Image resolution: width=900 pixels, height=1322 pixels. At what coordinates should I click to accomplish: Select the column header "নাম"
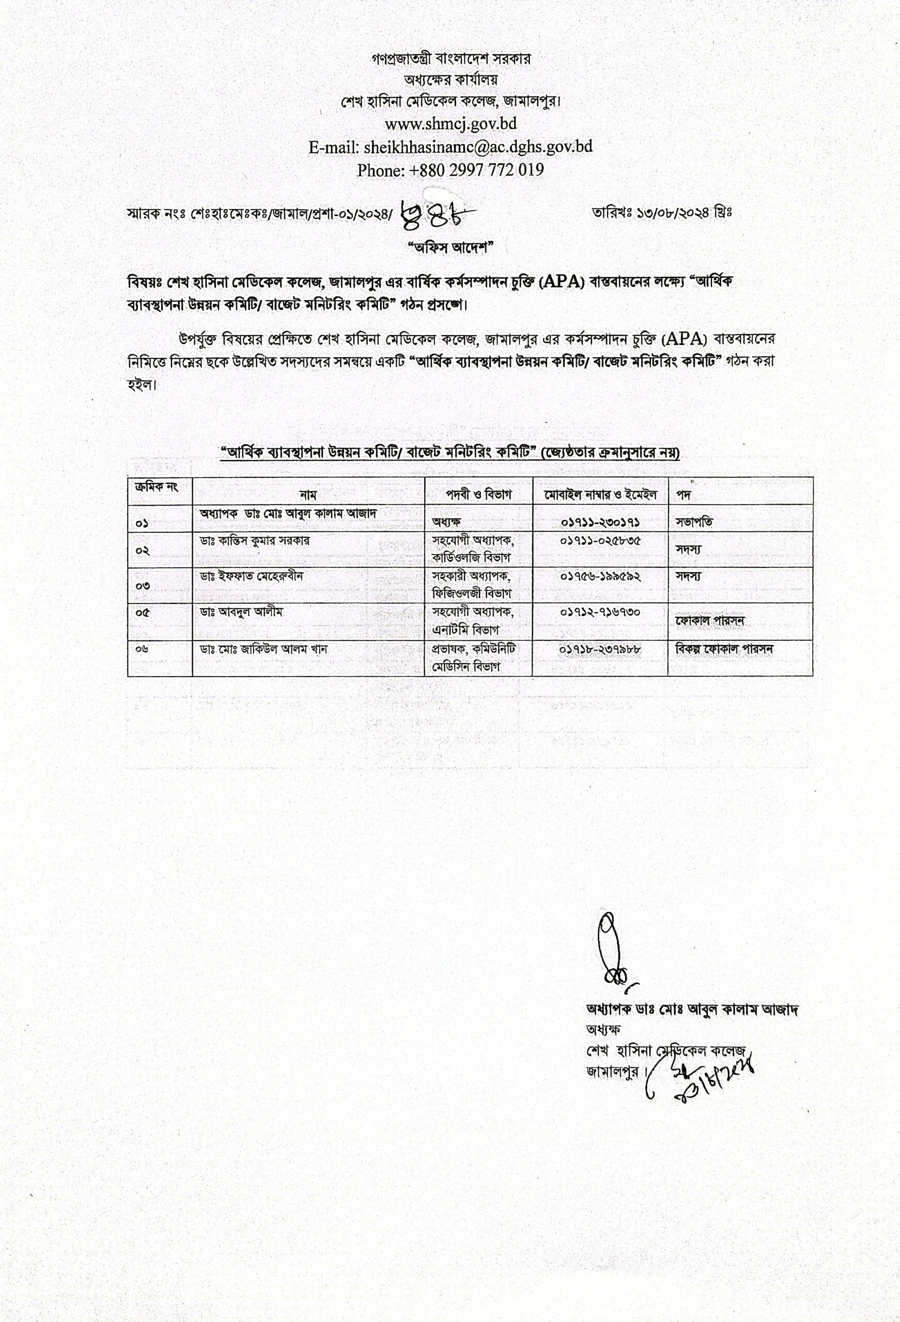(308, 495)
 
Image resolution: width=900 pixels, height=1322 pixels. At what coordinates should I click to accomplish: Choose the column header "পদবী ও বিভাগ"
(478, 494)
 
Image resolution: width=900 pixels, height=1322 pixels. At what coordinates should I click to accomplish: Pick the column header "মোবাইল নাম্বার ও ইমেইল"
(600, 494)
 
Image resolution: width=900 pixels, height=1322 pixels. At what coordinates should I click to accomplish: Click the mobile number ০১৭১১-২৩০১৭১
(600, 521)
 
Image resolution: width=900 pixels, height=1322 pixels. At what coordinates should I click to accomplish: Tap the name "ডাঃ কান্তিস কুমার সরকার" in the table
(255, 540)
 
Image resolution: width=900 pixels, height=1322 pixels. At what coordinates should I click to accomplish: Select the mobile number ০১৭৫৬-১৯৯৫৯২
(600, 576)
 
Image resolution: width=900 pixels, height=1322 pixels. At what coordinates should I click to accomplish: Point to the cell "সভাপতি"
(694, 522)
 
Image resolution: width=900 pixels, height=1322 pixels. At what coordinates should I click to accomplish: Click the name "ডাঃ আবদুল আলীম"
(241, 612)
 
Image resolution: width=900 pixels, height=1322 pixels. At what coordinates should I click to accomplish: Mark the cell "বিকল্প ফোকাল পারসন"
(724, 649)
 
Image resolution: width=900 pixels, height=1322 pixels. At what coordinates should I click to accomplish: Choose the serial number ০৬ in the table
(142, 649)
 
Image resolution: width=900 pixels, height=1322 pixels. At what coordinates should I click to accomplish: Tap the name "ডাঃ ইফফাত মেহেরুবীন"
(251, 576)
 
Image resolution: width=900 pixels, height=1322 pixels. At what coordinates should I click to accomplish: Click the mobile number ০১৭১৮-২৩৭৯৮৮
(600, 649)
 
